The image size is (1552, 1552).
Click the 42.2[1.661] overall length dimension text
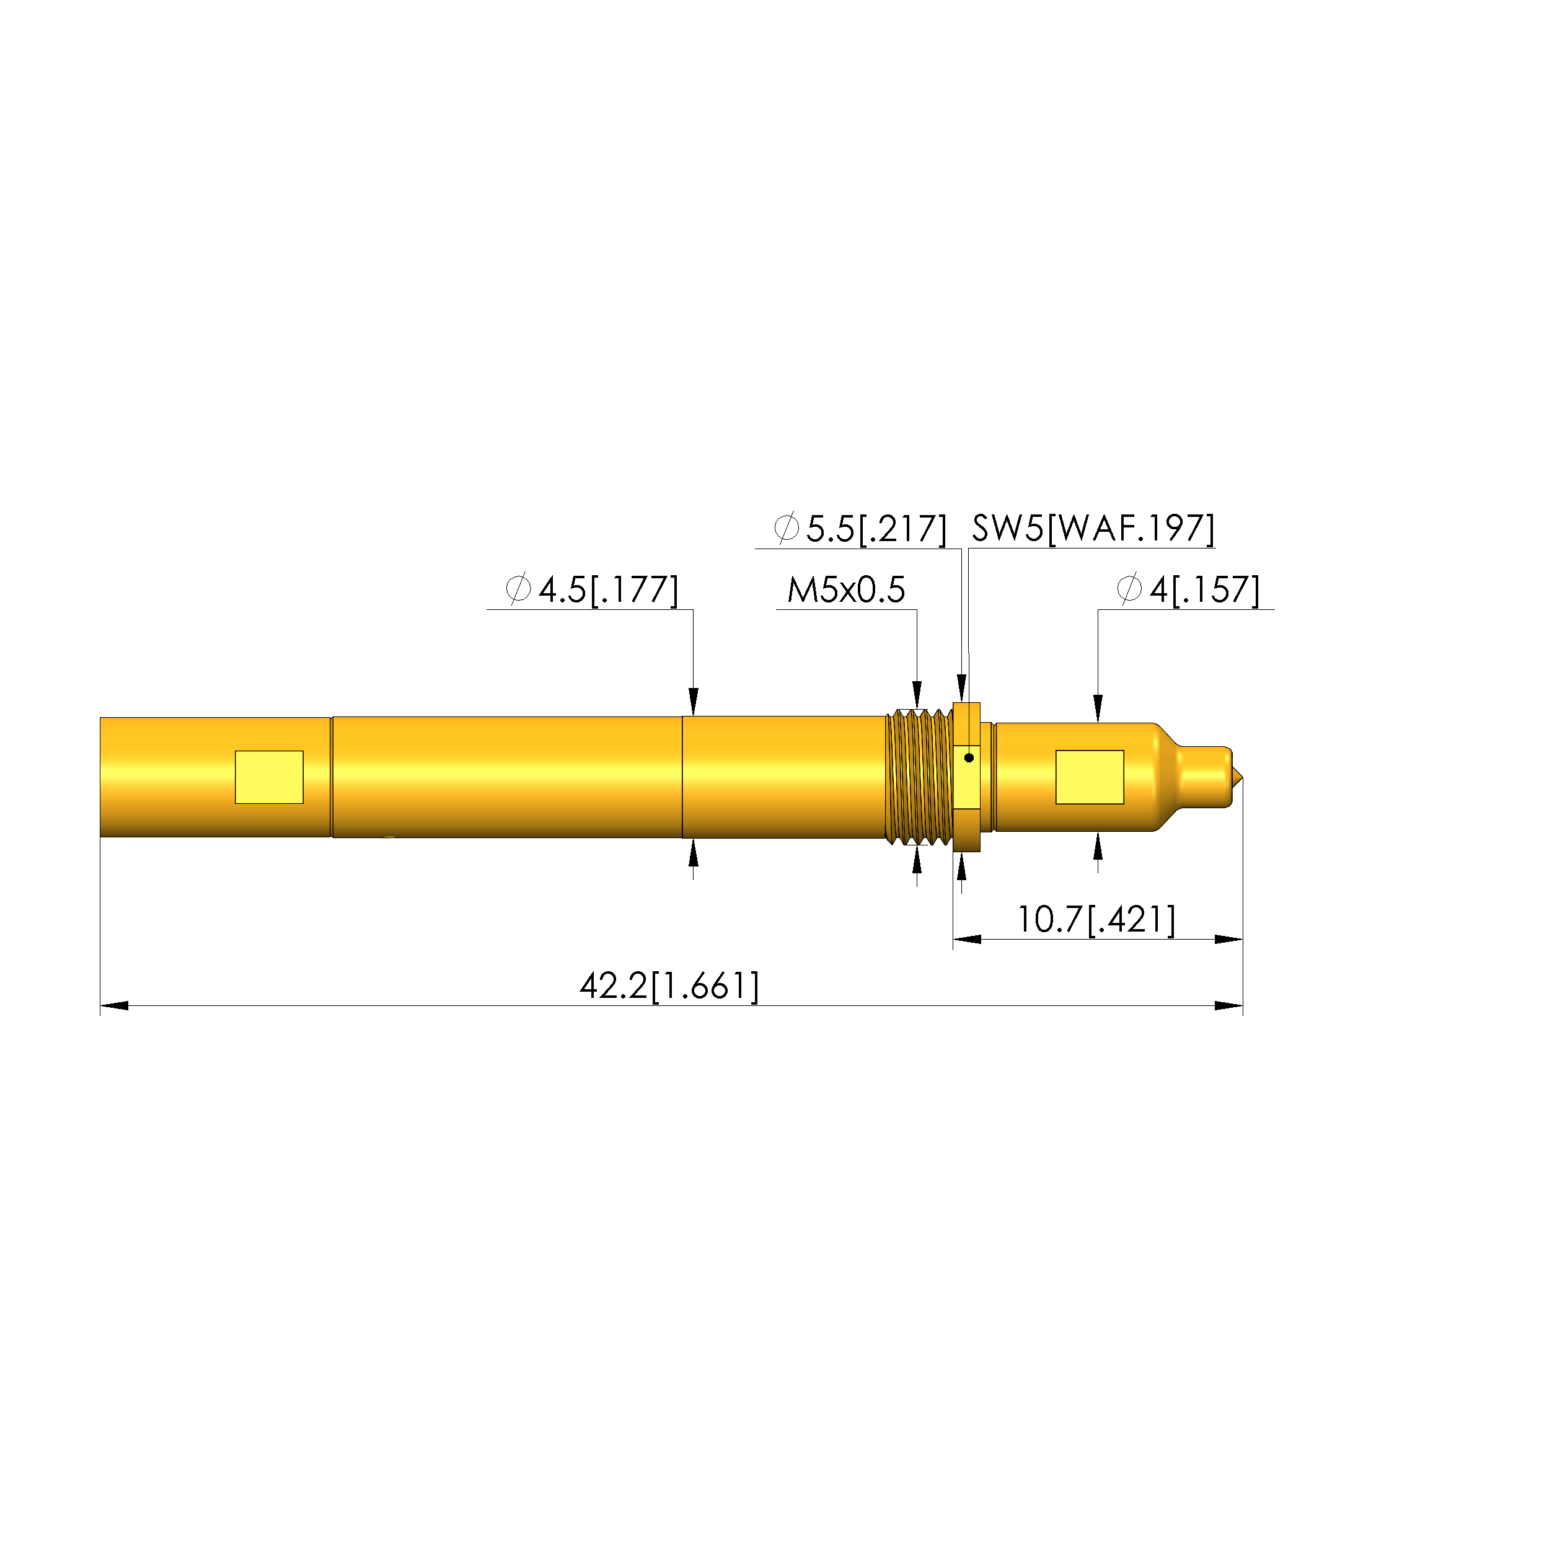click(669, 985)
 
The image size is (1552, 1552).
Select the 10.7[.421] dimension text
click(1096, 919)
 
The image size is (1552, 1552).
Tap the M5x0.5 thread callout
click(846, 589)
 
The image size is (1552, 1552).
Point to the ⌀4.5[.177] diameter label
click(592, 589)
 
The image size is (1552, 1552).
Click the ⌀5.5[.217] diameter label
click(860, 529)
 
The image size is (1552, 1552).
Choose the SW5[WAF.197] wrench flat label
click(1093, 529)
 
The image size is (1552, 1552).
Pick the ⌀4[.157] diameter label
click(1188, 589)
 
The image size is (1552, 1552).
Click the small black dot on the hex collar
click(969, 757)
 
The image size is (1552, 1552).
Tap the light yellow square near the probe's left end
click(269, 777)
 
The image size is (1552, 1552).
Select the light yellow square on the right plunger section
click(1089, 777)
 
